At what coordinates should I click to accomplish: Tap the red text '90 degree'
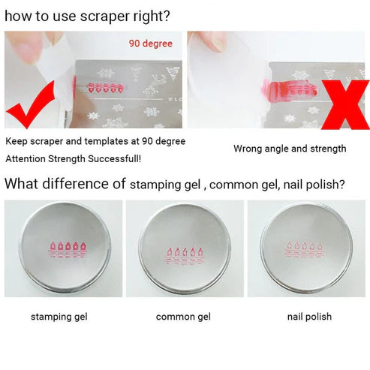[x=150, y=44]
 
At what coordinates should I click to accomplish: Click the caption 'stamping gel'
[x=59, y=317]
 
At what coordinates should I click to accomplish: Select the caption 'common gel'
[x=184, y=317]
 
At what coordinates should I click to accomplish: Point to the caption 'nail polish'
[x=309, y=317]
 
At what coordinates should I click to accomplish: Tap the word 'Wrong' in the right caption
[x=248, y=149]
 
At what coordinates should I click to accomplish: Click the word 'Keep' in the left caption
[x=17, y=141]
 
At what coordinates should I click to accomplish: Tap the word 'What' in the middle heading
[x=22, y=183]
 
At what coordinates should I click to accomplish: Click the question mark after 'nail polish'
[x=341, y=184]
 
